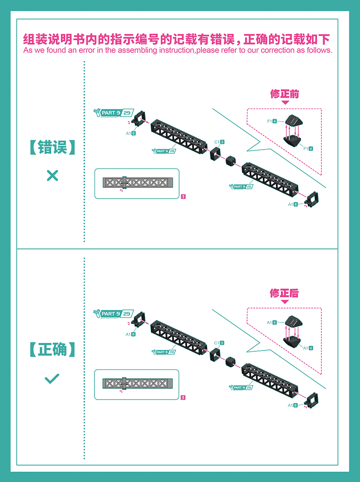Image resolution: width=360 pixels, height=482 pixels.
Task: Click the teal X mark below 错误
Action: coord(52,176)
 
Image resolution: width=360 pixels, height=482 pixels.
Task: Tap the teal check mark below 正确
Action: coord(52,379)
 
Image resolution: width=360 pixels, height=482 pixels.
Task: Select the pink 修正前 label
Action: coord(284,94)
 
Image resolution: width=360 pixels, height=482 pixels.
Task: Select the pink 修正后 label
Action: coord(284,293)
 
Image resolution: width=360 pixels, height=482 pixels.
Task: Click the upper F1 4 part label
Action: coord(272,121)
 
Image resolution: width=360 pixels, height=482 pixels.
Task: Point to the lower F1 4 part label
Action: coord(308,149)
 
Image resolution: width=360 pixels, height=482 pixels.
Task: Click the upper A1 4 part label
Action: coord(271,323)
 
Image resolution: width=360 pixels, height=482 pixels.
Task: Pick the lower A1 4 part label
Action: coord(308,348)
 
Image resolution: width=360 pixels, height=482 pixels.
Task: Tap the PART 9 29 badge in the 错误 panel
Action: coord(114,113)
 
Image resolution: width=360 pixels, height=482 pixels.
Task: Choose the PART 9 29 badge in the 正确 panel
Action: coord(113,314)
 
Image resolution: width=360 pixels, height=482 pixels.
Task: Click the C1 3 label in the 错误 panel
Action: coord(219,142)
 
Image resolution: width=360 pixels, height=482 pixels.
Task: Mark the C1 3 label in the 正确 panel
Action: coord(219,343)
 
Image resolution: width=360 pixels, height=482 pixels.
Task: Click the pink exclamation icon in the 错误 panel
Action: coord(184,196)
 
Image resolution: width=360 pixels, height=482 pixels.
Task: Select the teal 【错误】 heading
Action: coord(52,147)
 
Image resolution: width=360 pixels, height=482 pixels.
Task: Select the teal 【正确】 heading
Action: coord(52,349)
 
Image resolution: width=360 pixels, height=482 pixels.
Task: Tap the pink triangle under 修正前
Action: coord(285,102)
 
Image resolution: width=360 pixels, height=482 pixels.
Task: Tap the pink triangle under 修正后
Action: coord(285,302)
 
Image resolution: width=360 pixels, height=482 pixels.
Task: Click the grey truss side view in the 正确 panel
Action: coord(137,383)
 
